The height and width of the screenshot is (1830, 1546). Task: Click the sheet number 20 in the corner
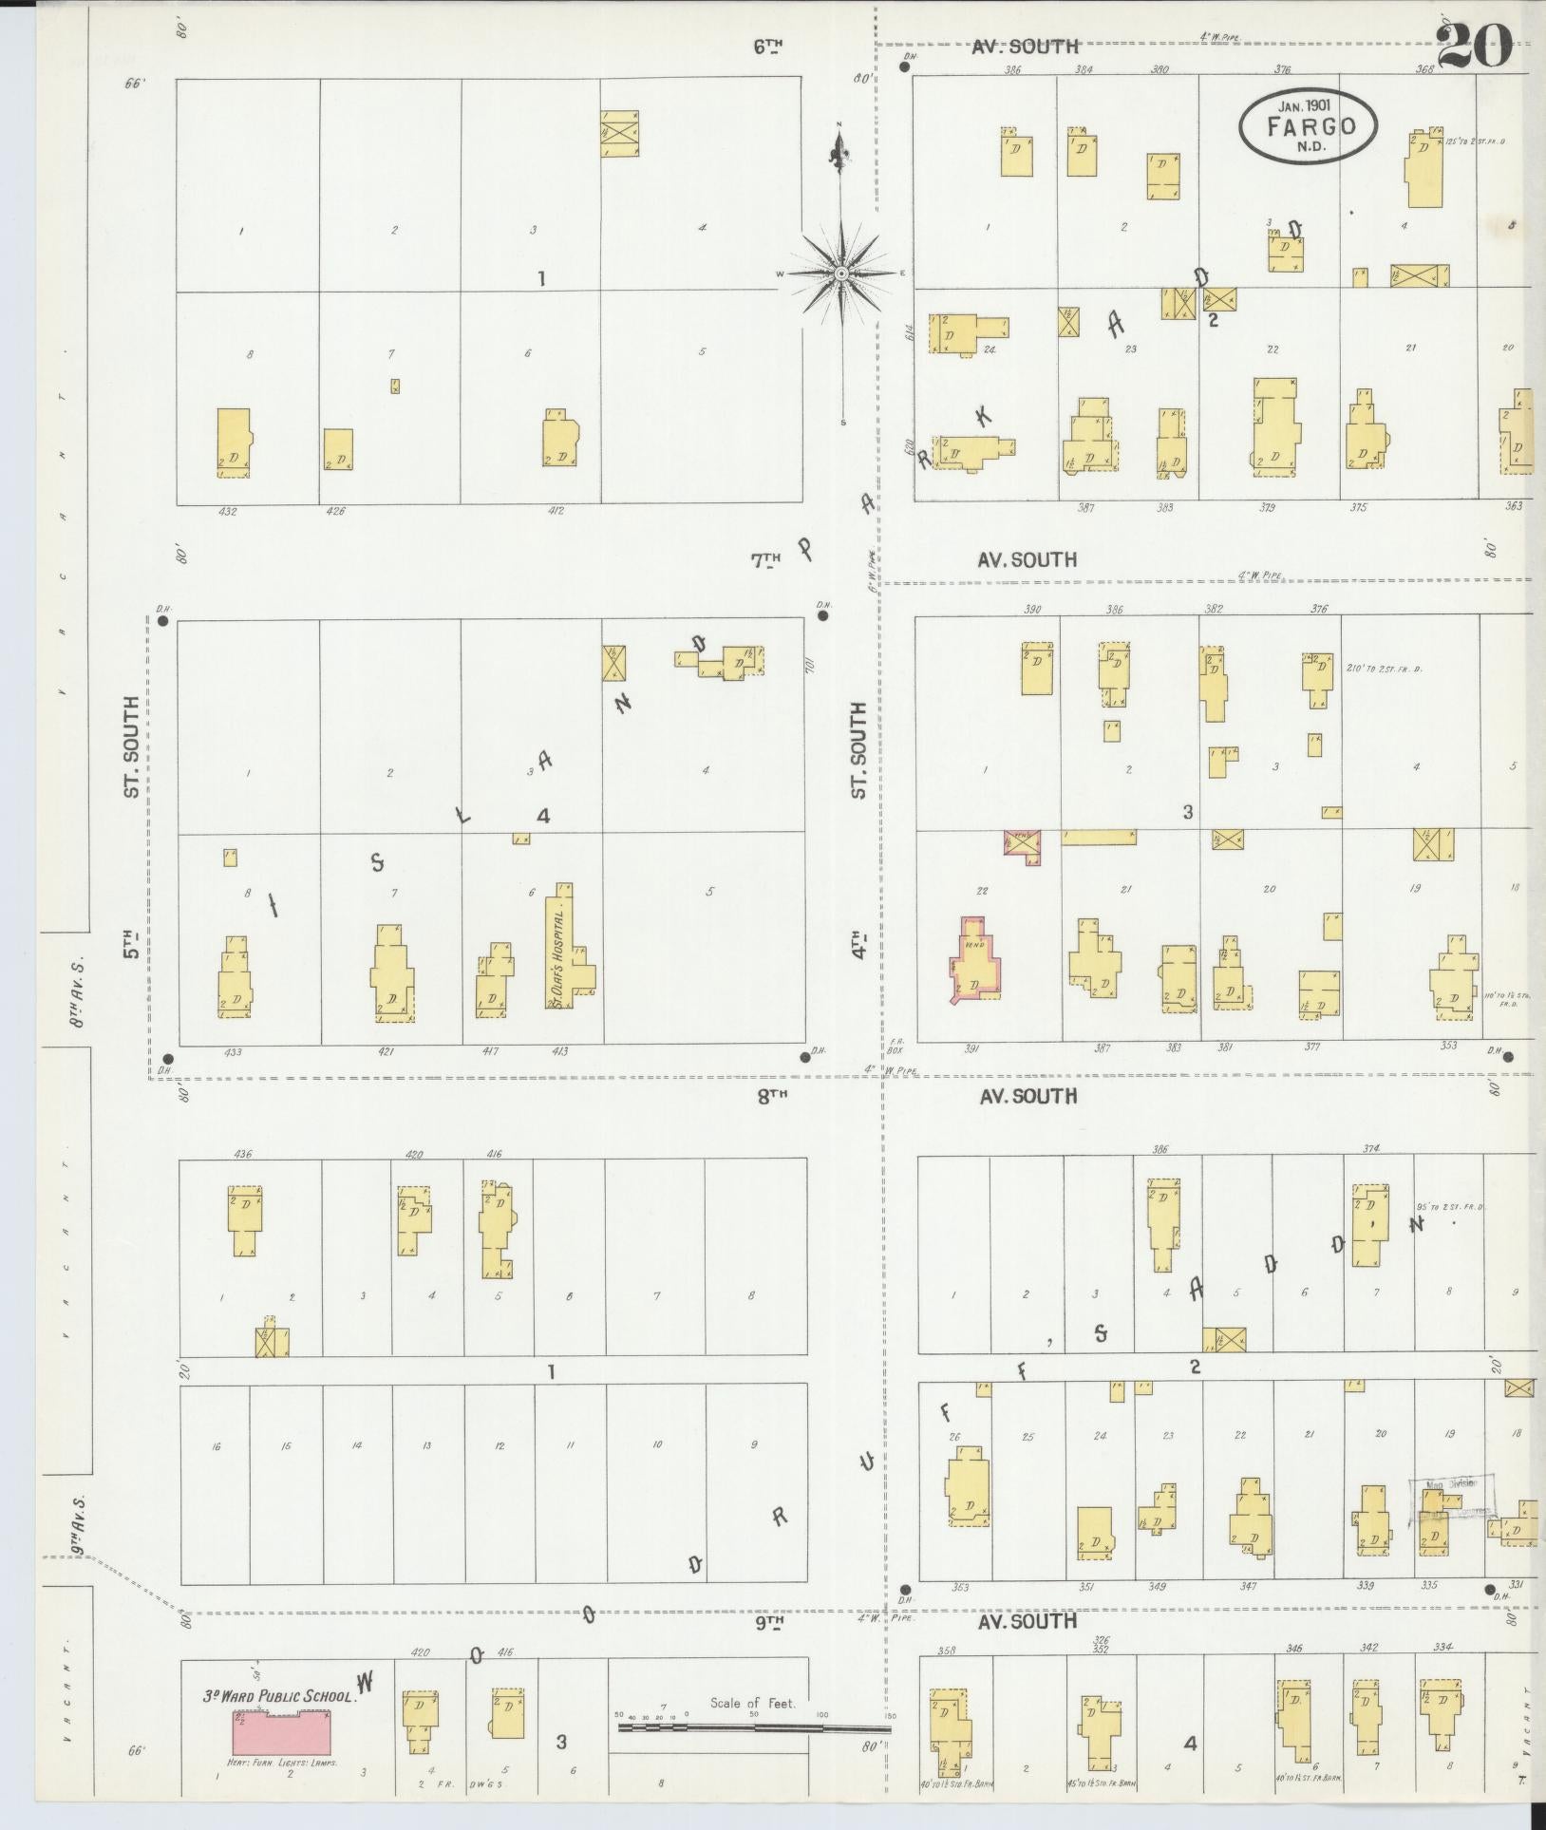click(x=1474, y=45)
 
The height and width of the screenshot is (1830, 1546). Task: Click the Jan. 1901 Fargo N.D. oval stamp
click(x=1308, y=126)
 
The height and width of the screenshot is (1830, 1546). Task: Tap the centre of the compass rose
click(x=841, y=274)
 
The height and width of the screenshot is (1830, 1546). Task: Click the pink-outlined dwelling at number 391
click(x=974, y=961)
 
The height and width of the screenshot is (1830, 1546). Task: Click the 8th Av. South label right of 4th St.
click(x=1028, y=1096)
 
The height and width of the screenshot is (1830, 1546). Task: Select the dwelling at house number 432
click(x=233, y=443)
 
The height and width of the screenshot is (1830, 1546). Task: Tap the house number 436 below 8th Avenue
click(x=242, y=1154)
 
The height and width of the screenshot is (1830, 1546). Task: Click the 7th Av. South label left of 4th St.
click(x=766, y=560)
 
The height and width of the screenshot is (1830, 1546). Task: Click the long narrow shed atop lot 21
click(x=1099, y=837)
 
